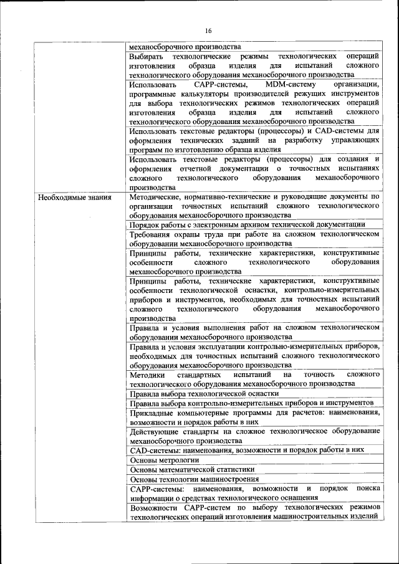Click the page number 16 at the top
(x=208, y=31)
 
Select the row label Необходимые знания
(x=75, y=198)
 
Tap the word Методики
(x=148, y=375)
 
